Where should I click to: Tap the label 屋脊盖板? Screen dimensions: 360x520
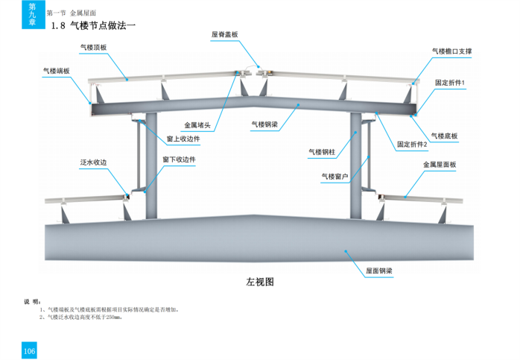(224, 34)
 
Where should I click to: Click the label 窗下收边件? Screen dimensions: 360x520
(179, 160)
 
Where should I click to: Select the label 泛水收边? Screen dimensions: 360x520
(94, 162)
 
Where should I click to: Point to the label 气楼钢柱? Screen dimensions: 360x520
(322, 152)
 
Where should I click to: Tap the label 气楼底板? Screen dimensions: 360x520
(444, 136)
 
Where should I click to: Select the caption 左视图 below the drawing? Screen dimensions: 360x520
(261, 282)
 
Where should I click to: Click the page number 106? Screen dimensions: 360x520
(30, 351)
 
